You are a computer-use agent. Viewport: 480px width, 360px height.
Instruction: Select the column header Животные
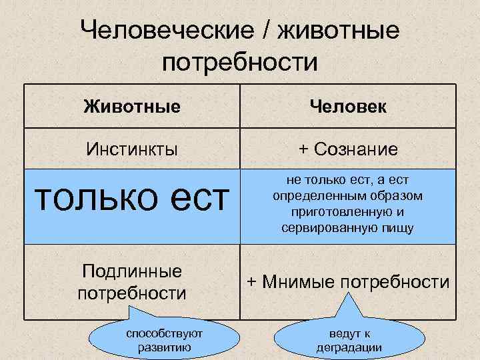click(132, 106)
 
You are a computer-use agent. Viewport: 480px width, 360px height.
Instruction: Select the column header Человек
click(348, 106)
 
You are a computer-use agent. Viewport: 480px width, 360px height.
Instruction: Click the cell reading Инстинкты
click(132, 149)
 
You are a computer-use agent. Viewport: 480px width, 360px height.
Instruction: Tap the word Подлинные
click(132, 271)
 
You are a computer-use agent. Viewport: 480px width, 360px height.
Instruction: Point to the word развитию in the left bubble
click(164, 347)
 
